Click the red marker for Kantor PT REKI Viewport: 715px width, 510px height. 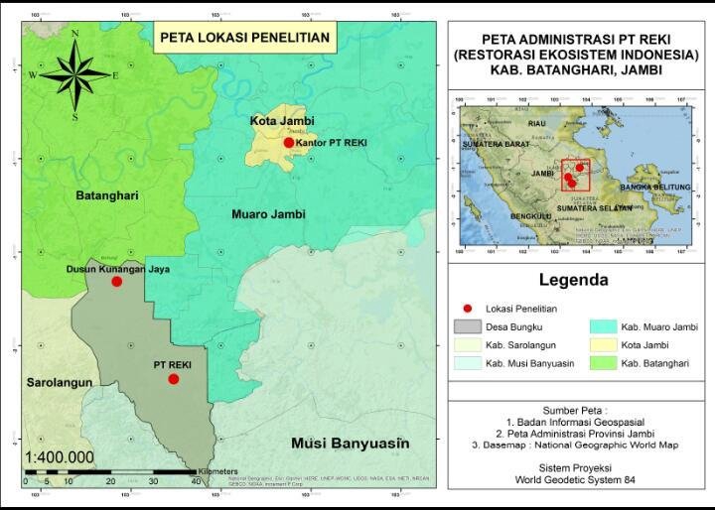pyautogui.click(x=289, y=143)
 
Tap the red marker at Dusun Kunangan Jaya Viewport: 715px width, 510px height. pyautogui.click(x=116, y=282)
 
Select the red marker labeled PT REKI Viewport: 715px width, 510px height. pyautogui.click(x=173, y=379)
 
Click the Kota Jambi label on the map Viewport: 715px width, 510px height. pyautogui.click(x=282, y=121)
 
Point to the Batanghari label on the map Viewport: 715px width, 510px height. pyautogui.click(x=105, y=196)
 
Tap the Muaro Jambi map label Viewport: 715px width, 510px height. pyautogui.click(x=268, y=214)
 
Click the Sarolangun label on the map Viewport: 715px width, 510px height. pyautogui.click(x=60, y=382)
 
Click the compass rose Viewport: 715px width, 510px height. pyautogui.click(x=74, y=75)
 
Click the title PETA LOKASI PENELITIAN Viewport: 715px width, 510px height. pyautogui.click(x=244, y=38)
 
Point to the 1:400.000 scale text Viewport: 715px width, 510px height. pyautogui.click(x=60, y=456)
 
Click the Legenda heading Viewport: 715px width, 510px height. pyautogui.click(x=573, y=281)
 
